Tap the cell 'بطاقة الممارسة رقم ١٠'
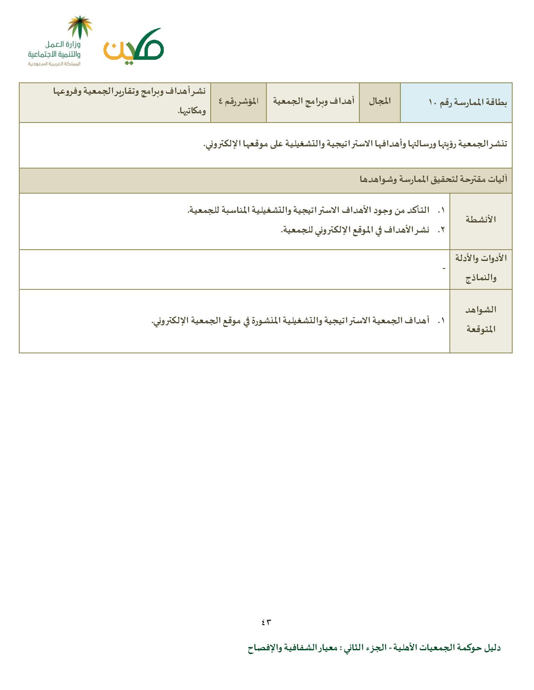[x=468, y=102]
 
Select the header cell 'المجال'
[x=379, y=102]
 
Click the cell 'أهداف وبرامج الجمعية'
[x=314, y=102]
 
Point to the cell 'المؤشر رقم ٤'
[x=238, y=102]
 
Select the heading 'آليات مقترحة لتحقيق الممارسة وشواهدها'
[x=433, y=180]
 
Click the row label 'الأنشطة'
[x=481, y=220]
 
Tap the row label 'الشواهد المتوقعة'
[x=481, y=319]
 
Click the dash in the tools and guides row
[x=444, y=268]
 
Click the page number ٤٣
[x=266, y=622]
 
